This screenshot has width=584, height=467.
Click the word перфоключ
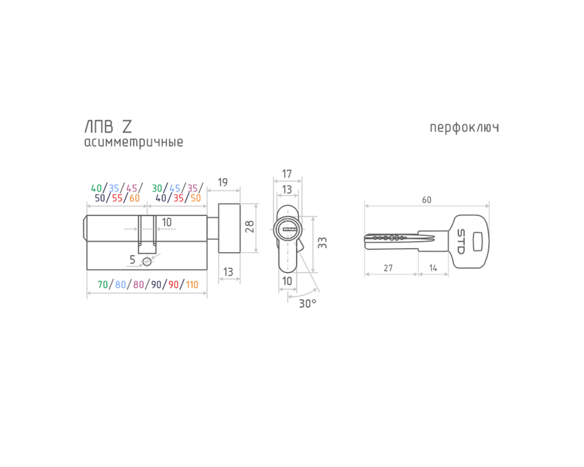pos(464,128)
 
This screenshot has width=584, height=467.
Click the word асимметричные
pos(133,142)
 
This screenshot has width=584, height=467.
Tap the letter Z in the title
pos(126,126)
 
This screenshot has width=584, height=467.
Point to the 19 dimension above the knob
pos(223,183)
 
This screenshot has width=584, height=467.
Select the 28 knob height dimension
pos(250,227)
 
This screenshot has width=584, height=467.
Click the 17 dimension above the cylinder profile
pos(287,174)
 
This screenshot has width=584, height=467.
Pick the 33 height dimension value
pos(323,243)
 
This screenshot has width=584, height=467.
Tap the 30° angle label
pos(308,304)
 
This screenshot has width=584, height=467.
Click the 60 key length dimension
pos(426,200)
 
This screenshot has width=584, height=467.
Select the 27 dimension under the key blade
pos(388,268)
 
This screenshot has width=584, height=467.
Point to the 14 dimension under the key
pos(433,268)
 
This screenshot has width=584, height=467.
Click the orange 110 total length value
pos(192,285)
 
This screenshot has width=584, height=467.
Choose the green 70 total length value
pos(103,285)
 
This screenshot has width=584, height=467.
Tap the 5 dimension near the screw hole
pos(132,259)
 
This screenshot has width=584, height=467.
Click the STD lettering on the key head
pos(461,241)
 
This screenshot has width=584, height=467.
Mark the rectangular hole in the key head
pos(477,241)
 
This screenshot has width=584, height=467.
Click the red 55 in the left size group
pos(117,198)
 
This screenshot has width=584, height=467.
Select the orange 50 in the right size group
pos(196,198)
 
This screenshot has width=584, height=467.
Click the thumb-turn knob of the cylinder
pos(229,228)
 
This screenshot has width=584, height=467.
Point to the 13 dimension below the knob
pos(228,272)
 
